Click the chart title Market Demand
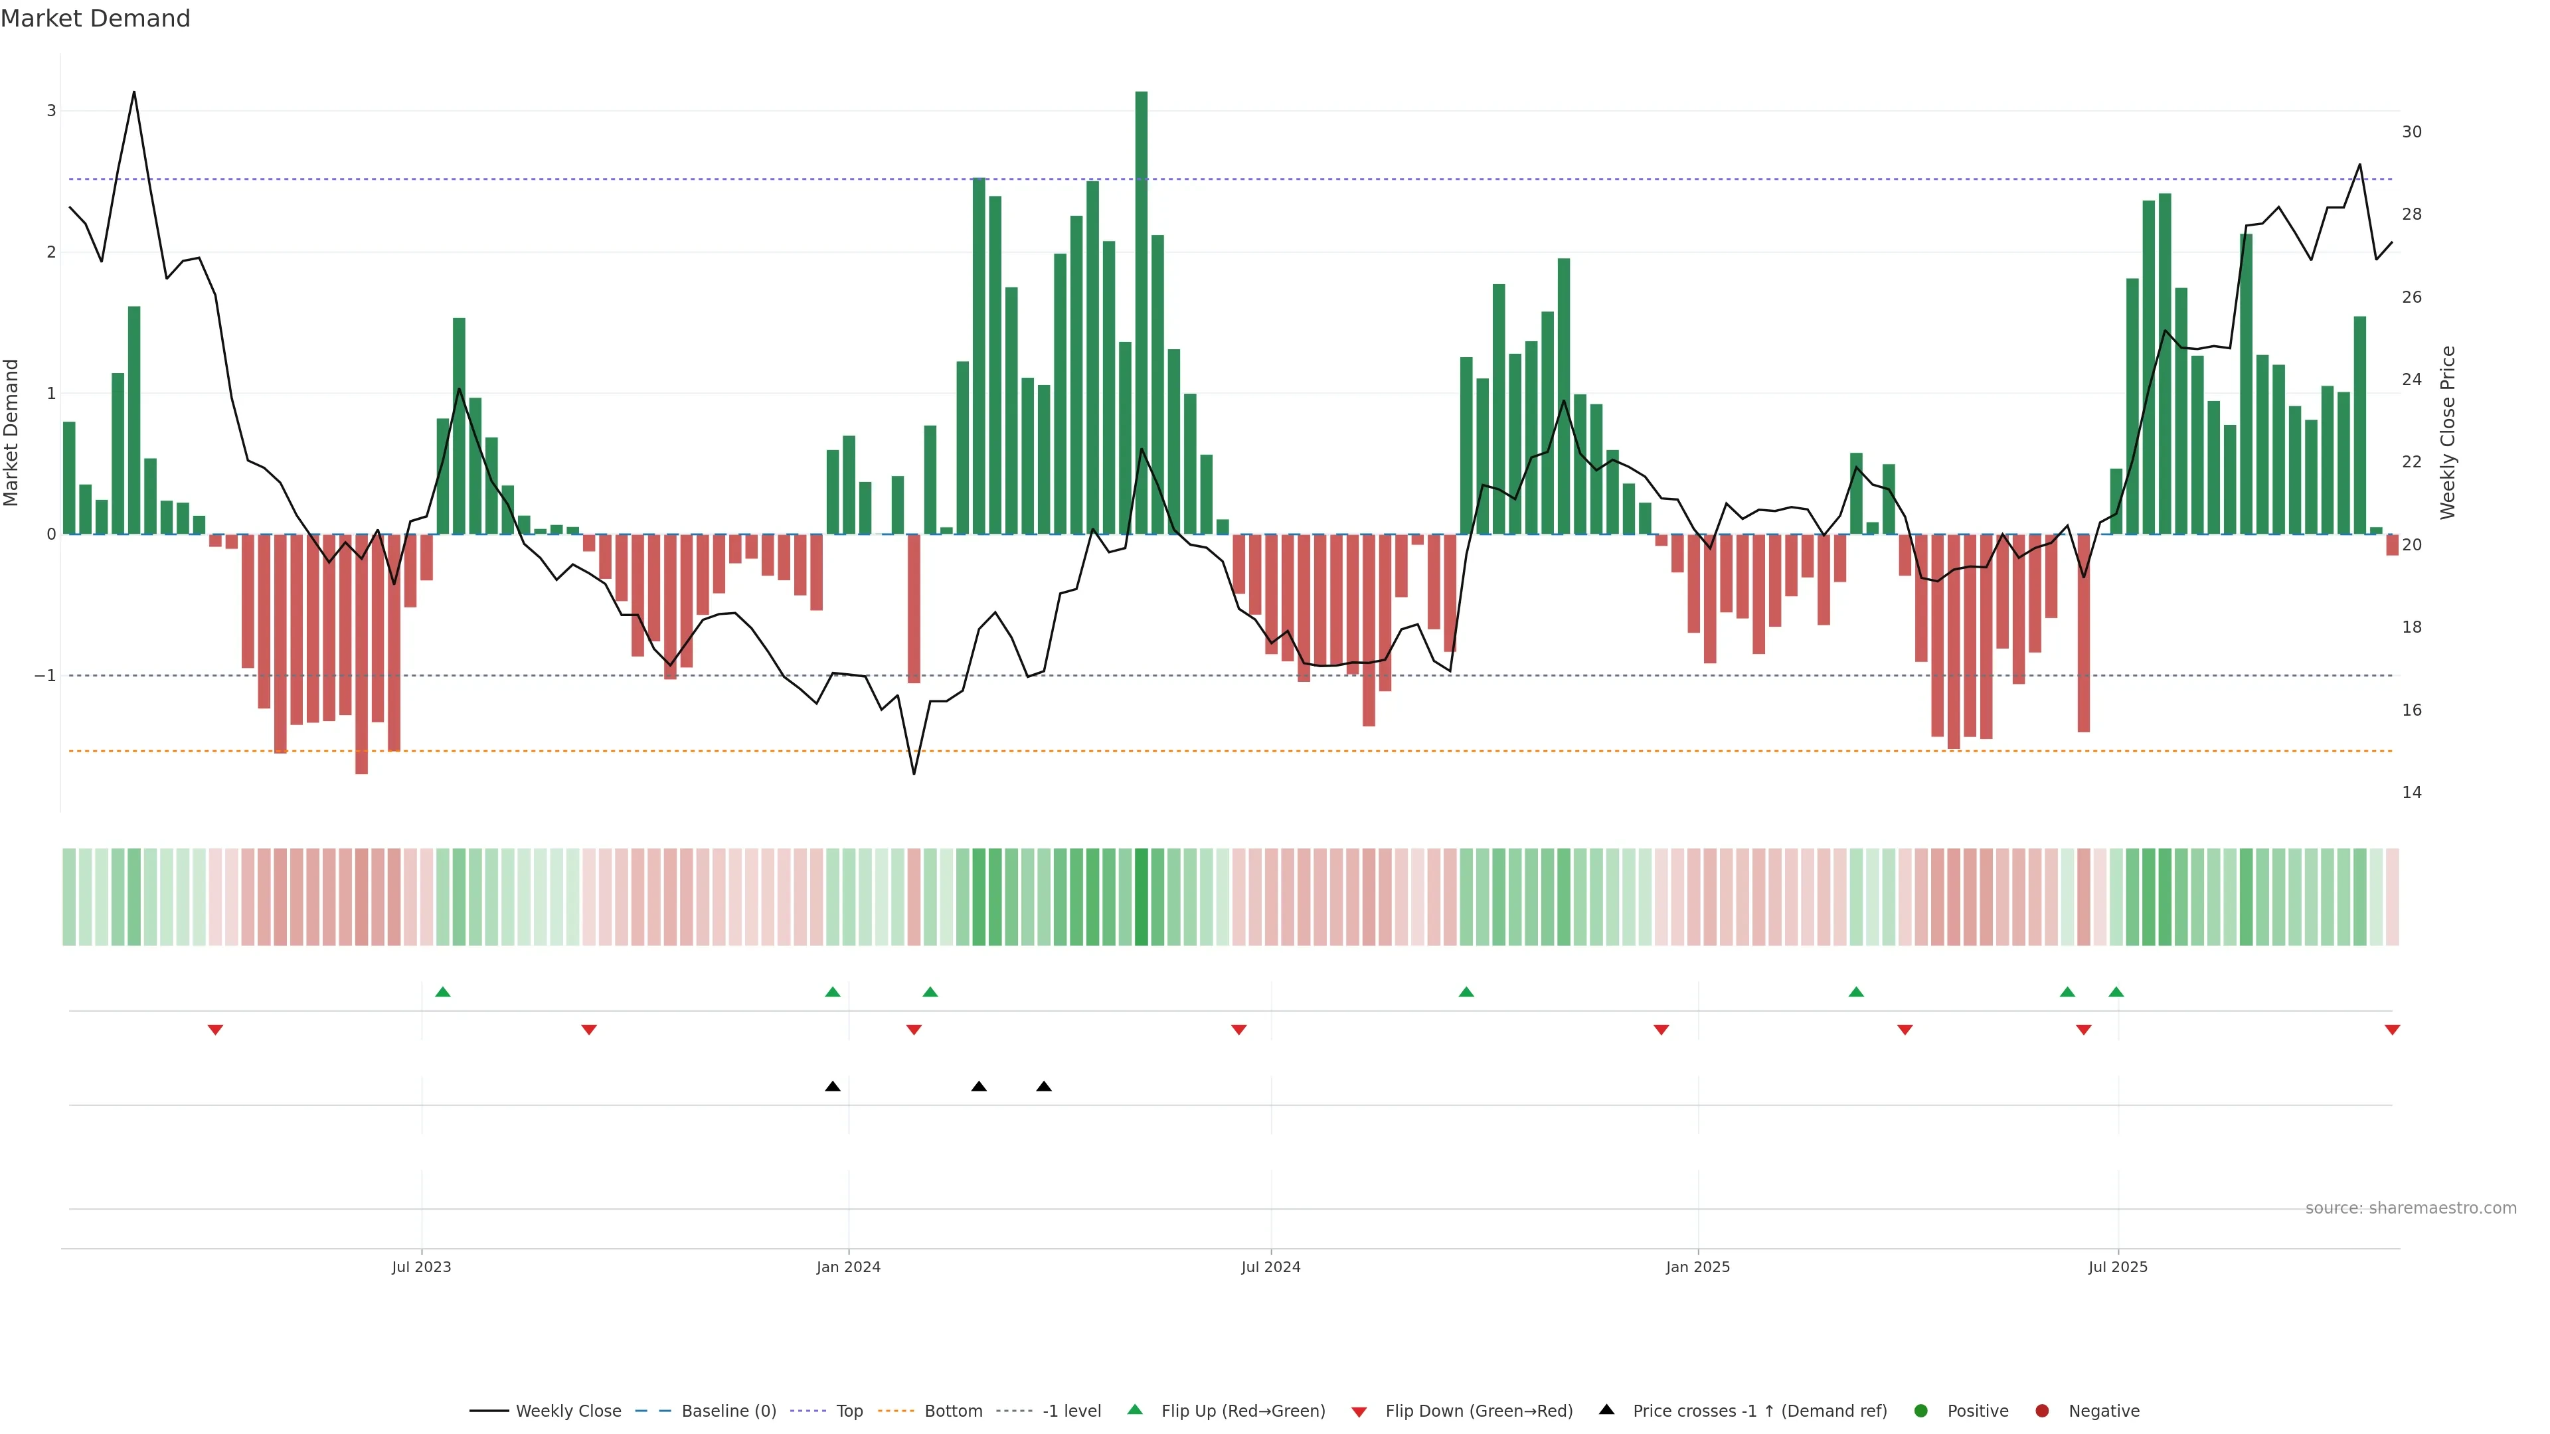[95, 19]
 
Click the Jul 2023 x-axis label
[421, 1267]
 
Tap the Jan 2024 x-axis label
[849, 1267]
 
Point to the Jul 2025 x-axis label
[2118, 1267]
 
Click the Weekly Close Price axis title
[2448, 432]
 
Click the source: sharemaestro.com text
[2411, 1208]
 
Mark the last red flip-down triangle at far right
[2391, 1030]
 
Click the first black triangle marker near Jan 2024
[833, 1087]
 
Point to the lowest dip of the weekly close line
[914, 773]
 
